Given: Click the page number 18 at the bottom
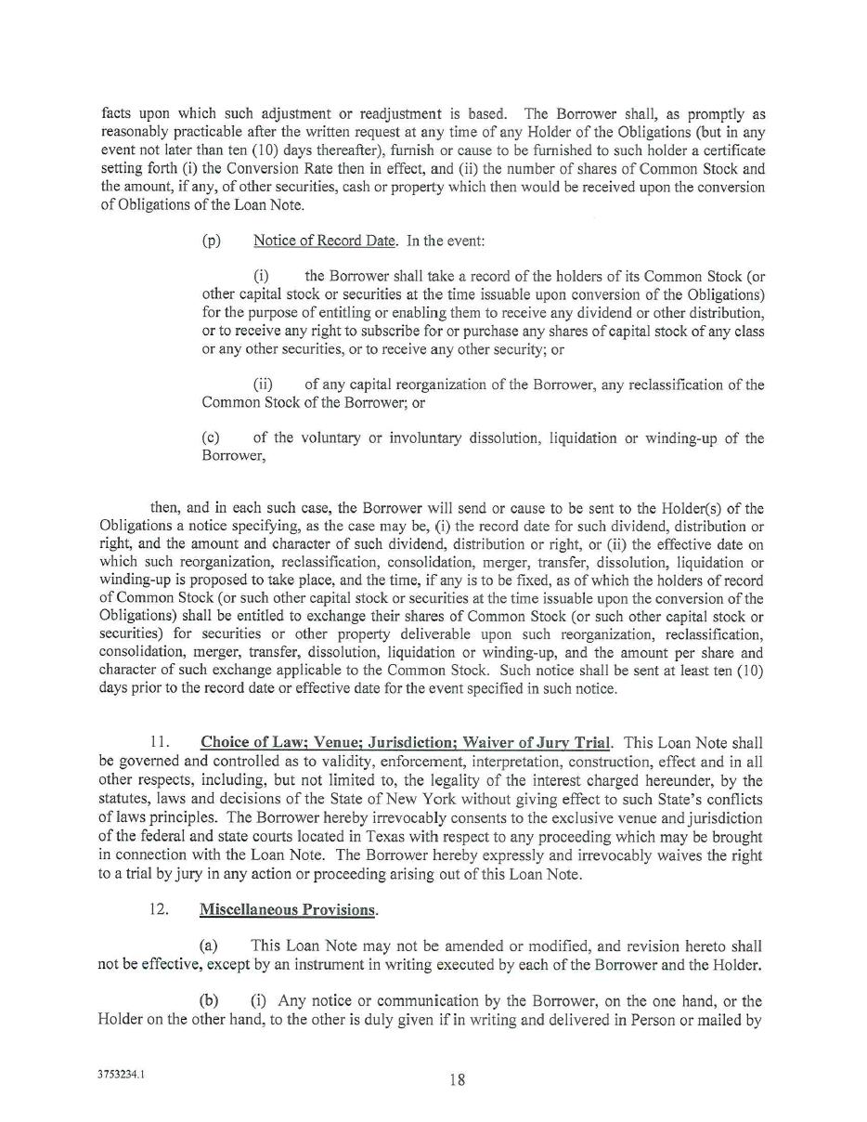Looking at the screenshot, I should [457, 1079].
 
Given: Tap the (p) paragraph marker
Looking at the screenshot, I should [212, 241].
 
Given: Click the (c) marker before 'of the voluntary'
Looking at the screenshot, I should [211, 438].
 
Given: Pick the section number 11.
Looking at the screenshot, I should [159, 743].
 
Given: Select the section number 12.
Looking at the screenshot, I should [159, 909].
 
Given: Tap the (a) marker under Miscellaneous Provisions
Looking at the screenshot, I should [209, 946].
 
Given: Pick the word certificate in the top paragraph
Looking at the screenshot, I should [732, 150].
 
